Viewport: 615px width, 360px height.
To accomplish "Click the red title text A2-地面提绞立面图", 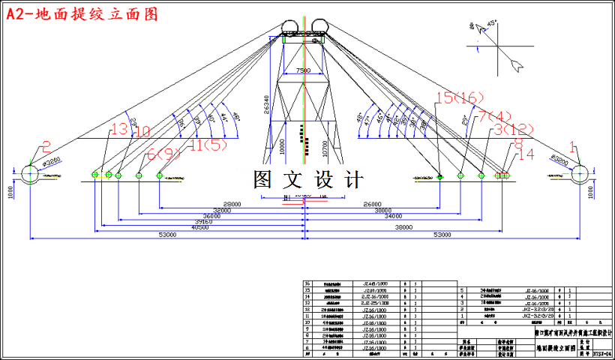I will click(x=82, y=14).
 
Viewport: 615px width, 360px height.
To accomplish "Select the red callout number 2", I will click(x=46, y=147).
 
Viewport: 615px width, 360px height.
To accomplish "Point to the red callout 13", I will click(x=118, y=130).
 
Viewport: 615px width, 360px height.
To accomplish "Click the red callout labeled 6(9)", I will click(x=163, y=154).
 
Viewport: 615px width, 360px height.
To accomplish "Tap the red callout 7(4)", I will click(x=494, y=116).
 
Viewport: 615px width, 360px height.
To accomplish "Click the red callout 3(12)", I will click(x=514, y=130).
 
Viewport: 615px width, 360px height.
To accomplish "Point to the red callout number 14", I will click(x=526, y=154).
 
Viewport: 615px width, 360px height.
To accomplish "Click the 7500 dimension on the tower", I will click(x=303, y=70).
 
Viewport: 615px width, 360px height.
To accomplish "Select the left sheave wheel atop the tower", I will click(x=288, y=28).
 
